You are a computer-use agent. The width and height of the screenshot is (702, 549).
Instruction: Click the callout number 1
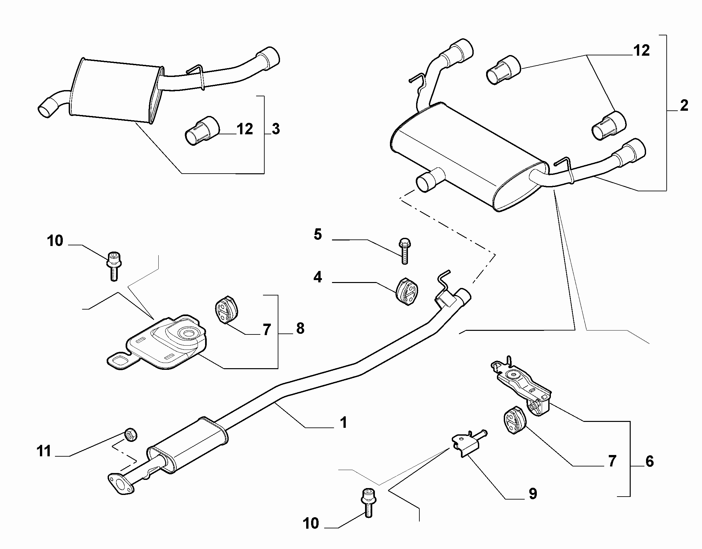(343, 423)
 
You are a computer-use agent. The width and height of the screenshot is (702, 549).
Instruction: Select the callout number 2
(684, 105)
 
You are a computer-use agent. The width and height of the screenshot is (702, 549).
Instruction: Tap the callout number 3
(276, 129)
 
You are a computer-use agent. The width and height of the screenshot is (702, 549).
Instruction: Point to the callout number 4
(317, 277)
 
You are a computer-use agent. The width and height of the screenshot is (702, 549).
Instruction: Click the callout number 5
(318, 235)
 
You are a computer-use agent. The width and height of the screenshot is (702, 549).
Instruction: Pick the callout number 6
(649, 461)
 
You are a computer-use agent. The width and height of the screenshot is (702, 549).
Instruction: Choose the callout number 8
(300, 328)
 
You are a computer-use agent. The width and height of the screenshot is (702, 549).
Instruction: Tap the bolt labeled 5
(405, 251)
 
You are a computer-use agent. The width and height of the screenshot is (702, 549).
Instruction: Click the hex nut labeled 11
(131, 435)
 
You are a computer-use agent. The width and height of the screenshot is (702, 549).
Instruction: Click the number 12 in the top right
(641, 51)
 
